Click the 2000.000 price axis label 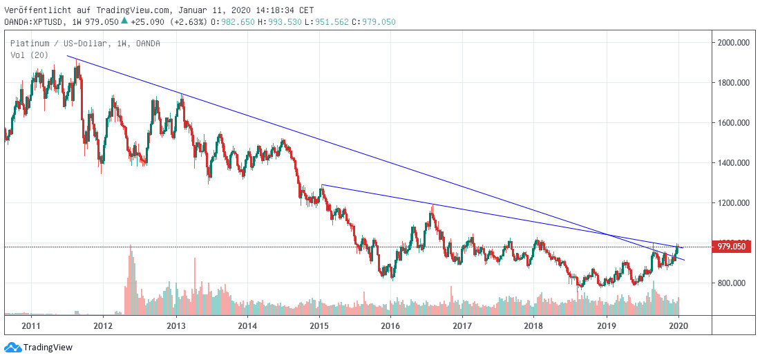pos(734,43)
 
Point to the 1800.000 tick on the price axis pos(734,83)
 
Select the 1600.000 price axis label pos(734,123)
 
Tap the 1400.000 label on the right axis pos(734,163)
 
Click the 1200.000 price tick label pos(734,203)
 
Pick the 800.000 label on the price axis pos(734,283)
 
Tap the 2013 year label pos(176,325)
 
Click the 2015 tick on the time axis pos(319,325)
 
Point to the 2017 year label pos(462,325)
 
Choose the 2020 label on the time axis pos(678,325)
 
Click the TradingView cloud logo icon pos(12,348)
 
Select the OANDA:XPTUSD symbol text pos(30,21)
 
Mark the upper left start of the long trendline pos(67,56)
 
